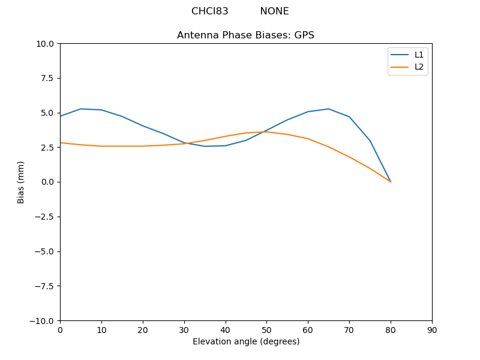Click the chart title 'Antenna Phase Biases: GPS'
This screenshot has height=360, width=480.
pos(245,35)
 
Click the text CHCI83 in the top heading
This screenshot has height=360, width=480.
pos(209,11)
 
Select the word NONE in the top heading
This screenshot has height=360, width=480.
pos(274,11)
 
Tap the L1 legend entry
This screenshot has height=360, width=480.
pos(419,55)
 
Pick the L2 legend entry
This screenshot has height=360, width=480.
pos(419,67)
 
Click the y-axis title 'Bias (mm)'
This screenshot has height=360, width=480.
pos(21,182)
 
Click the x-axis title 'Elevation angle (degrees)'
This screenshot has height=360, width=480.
pos(246,341)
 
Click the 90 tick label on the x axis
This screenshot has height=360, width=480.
pos(432,330)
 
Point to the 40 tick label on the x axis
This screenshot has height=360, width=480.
pos(225,330)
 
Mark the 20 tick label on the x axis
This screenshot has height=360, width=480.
pos(143,330)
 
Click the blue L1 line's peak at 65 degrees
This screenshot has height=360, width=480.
pos(328,109)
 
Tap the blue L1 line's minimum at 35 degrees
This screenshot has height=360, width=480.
pos(205,146)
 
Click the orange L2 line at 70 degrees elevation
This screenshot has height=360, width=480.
pos(349,157)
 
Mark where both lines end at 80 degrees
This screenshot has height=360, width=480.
pos(391,182)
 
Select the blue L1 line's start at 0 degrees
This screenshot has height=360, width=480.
pos(61,116)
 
